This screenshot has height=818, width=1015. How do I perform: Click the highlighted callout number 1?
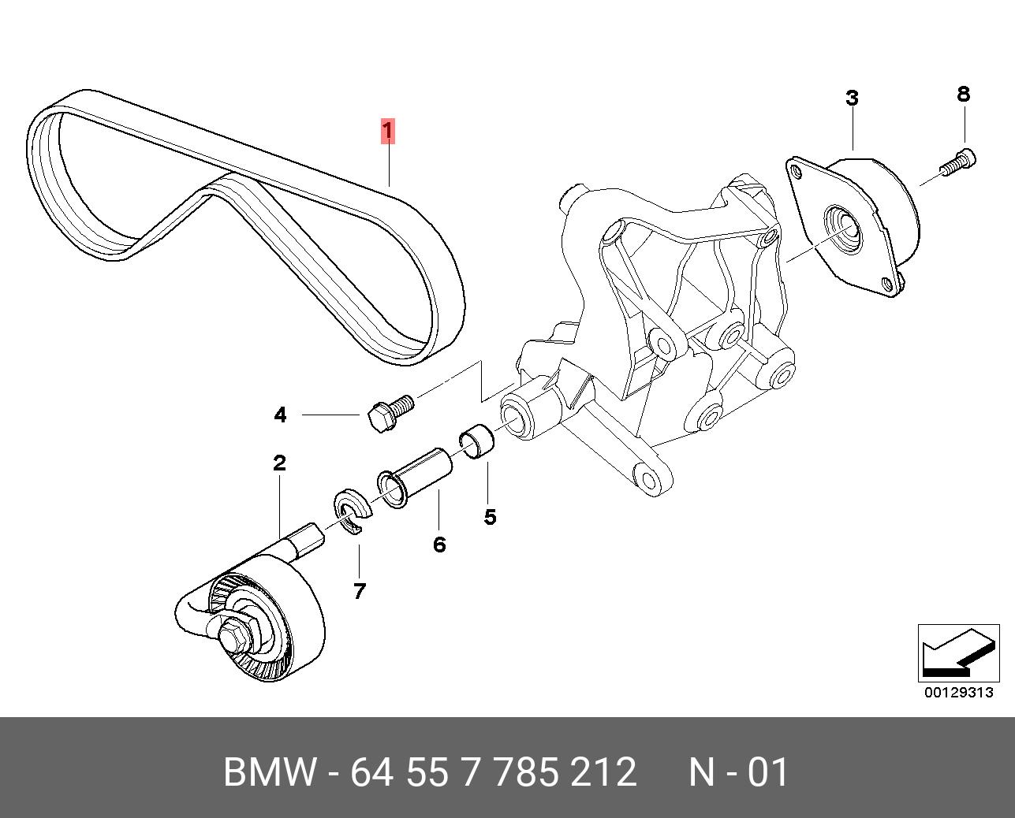(x=387, y=131)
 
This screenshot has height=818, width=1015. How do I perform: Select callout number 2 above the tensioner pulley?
(x=279, y=463)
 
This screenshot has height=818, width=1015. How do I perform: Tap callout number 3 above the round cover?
(x=852, y=99)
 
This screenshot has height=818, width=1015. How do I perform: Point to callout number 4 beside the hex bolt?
(x=280, y=415)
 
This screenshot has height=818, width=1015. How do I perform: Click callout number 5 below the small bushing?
(x=490, y=517)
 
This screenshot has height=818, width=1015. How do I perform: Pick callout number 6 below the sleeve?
(x=439, y=544)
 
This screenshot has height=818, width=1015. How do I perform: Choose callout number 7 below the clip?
(x=360, y=590)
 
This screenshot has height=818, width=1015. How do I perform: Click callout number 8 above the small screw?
(x=963, y=94)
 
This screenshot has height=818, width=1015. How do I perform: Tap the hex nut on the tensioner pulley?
(x=234, y=635)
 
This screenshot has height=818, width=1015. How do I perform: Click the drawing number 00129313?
(x=958, y=693)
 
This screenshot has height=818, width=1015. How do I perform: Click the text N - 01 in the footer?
(x=738, y=772)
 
